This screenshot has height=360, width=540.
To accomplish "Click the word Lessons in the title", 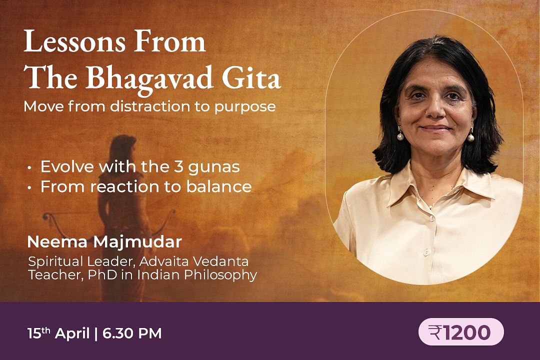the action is tap(74, 41).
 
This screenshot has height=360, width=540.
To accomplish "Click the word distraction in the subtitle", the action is tap(150, 106).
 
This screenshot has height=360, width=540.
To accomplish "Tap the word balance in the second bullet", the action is tap(219, 186).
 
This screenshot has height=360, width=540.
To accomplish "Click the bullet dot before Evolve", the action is tap(30, 168).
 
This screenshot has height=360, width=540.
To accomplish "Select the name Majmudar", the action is tap(137, 242).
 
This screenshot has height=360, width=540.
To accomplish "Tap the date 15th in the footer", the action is tap(39, 333).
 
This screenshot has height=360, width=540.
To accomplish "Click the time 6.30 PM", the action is tap(132, 333).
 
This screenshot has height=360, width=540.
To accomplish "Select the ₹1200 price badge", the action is tap(461, 332).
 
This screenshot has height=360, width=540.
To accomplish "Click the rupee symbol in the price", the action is tap(435, 332).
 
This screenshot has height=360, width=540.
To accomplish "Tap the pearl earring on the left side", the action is tap(400, 137).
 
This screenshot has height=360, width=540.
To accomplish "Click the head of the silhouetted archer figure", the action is tap(123, 146).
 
